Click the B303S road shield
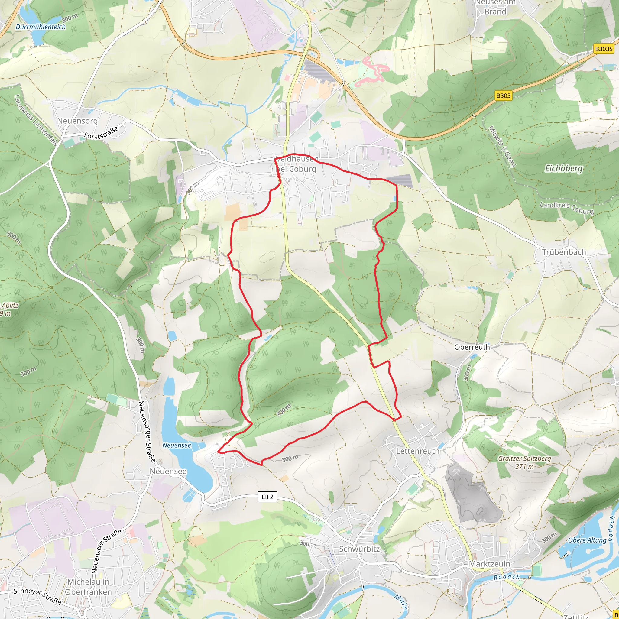(x=604, y=49)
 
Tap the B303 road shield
(x=503, y=96)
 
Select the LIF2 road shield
(x=267, y=497)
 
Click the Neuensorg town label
(x=77, y=121)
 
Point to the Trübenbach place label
(x=564, y=252)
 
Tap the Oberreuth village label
(x=472, y=347)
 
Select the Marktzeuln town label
(x=490, y=564)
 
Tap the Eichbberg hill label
(x=564, y=169)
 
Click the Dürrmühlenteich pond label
(x=41, y=27)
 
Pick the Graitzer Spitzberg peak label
(x=524, y=462)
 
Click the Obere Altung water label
(x=587, y=540)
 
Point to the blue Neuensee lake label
(x=177, y=445)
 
